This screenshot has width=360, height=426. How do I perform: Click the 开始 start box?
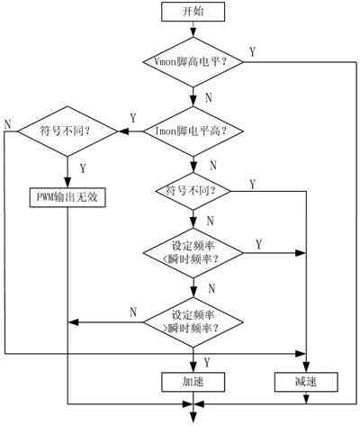click(193, 12)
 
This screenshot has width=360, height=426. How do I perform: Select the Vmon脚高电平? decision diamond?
click(193, 62)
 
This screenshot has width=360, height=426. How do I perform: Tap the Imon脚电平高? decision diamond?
click(193, 131)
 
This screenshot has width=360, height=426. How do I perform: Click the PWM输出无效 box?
click(67, 197)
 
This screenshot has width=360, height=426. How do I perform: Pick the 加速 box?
click(193, 382)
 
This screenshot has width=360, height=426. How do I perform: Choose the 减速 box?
click(306, 382)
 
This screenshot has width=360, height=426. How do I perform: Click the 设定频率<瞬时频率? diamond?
click(193, 253)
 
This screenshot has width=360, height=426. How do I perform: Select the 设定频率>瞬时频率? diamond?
click(193, 322)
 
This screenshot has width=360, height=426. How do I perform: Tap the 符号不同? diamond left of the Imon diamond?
click(67, 131)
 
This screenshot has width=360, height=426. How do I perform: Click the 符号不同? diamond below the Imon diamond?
click(193, 191)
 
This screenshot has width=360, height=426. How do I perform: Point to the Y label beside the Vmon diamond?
click(253, 52)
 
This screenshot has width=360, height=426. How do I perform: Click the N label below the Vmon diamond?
click(209, 97)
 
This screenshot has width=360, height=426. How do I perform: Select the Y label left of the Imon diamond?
click(133, 118)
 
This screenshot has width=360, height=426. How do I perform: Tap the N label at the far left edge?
click(8, 124)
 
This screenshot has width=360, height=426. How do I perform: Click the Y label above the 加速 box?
click(207, 362)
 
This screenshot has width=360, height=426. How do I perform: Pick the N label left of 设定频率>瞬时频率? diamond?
click(133, 313)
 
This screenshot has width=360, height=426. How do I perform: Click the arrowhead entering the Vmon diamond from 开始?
click(193, 32)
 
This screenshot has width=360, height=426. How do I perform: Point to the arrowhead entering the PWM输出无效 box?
click(67, 183)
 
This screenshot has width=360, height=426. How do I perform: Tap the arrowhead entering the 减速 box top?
click(306, 367)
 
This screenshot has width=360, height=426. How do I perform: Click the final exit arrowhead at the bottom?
click(193, 418)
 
